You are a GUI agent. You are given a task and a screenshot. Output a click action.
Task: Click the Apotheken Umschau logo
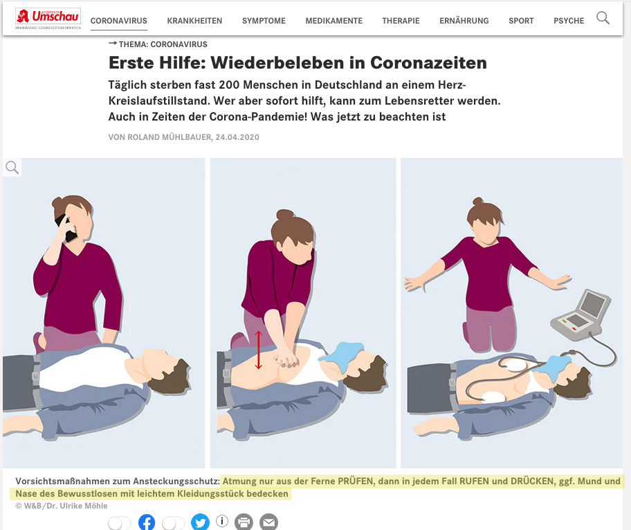pos(48,19)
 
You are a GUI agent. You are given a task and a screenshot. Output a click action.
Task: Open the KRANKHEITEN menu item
pos(194,21)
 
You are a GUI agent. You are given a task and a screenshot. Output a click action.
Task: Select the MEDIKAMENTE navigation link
pos(333,21)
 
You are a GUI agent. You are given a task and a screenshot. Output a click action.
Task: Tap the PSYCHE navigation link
pos(569,21)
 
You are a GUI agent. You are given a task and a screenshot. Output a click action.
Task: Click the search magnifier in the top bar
pos(603,18)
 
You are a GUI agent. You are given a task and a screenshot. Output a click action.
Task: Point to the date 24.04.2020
pos(237,137)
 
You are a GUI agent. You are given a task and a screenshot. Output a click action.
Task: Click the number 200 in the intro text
pos(229,85)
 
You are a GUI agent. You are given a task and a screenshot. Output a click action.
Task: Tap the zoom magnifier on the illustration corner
pos(12,167)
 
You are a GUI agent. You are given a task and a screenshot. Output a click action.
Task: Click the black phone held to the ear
pos(66,228)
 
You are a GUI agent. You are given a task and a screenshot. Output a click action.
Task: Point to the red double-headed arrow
pos(258,350)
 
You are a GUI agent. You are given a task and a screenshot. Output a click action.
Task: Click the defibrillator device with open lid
pos(580,313)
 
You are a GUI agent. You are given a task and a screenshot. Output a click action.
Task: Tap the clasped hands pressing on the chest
pos(285,358)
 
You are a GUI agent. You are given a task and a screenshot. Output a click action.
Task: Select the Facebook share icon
pos(147,522)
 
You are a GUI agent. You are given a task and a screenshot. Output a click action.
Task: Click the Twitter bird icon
pos(200,522)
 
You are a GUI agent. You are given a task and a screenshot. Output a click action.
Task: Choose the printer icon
pos(244,522)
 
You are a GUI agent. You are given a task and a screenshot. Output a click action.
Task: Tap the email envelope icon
pos(269,522)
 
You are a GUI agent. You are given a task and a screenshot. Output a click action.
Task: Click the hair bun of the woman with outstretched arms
pos(477,201)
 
